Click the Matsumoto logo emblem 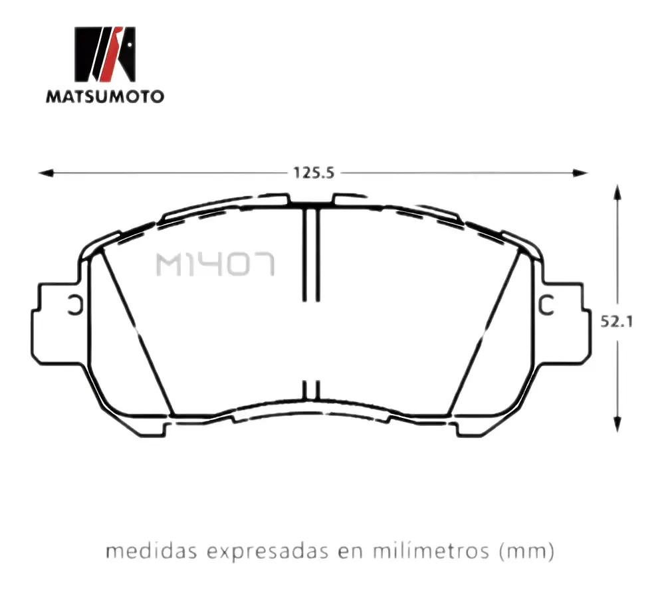[105, 54]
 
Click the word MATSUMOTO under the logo [105, 96]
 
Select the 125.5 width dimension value [314, 173]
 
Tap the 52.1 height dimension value [617, 322]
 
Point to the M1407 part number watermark [215, 264]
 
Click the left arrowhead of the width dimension [46, 173]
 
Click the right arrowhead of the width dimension [580, 173]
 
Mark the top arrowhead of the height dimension [617, 192]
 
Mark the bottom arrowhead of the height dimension [617, 424]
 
